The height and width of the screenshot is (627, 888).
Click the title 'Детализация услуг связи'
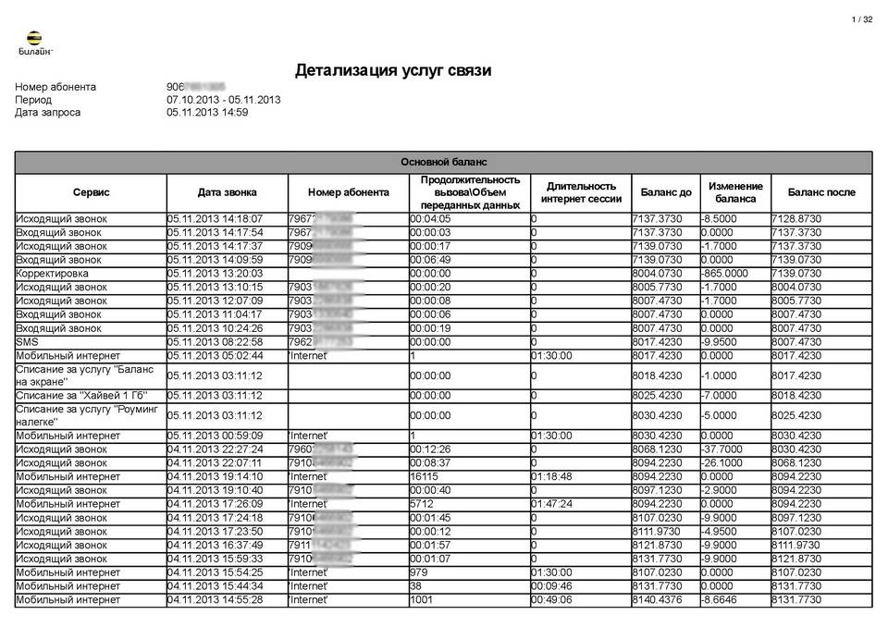click(393, 70)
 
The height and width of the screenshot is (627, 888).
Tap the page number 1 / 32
click(861, 19)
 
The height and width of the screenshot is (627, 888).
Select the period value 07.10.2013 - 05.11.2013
click(224, 99)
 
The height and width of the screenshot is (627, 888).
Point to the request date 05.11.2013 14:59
click(207, 112)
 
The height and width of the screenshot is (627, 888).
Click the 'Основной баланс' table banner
click(443, 162)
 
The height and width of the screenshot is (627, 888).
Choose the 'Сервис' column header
click(91, 192)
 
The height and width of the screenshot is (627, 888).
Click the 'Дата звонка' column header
click(227, 192)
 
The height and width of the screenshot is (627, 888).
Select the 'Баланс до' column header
click(665, 192)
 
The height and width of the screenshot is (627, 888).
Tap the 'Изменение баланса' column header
click(735, 192)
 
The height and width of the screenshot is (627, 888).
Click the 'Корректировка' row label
click(53, 274)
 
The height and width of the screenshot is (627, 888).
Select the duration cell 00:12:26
click(430, 449)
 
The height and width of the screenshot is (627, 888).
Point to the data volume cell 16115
click(426, 476)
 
